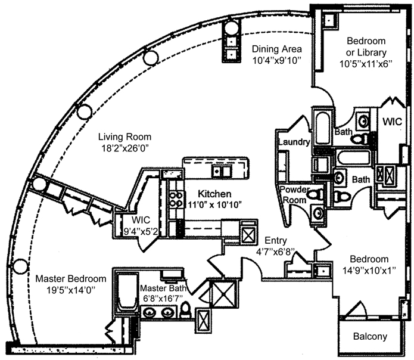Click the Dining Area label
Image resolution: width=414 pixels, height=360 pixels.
click(276, 49)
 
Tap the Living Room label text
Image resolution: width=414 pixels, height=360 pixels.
click(126, 136)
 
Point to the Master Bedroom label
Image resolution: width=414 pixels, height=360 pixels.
click(71, 278)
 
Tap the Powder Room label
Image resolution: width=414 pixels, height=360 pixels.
click(295, 194)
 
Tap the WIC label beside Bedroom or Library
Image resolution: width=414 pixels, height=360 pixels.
click(393, 122)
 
